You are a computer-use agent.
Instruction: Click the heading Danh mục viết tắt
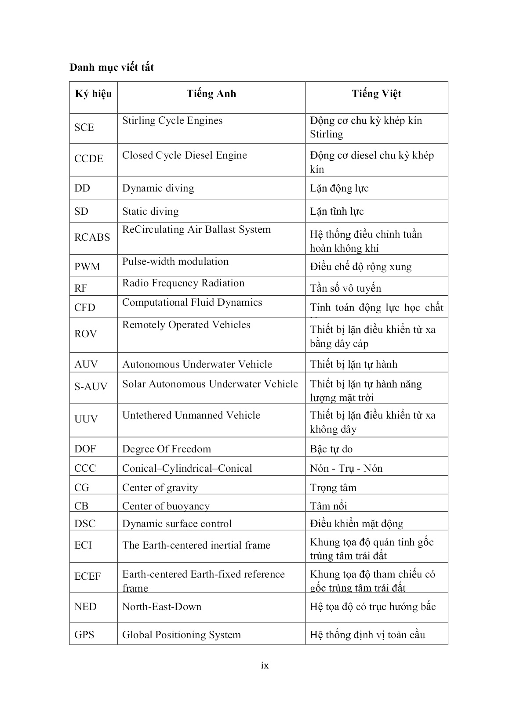(112, 68)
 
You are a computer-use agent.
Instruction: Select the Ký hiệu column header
(93, 94)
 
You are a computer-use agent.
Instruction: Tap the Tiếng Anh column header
(211, 94)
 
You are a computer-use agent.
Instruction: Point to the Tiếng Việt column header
(376, 94)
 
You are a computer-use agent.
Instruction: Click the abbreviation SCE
(84, 127)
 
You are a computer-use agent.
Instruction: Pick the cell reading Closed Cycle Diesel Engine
(185, 155)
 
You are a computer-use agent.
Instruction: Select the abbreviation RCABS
(92, 237)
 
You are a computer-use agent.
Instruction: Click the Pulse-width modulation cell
(175, 262)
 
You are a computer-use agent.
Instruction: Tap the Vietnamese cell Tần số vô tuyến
(345, 288)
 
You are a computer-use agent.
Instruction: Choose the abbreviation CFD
(85, 307)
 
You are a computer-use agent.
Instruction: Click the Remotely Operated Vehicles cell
(186, 325)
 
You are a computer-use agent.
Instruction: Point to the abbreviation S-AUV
(91, 387)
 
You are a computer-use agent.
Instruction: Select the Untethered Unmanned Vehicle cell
(191, 416)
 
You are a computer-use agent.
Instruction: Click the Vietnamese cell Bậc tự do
(331, 449)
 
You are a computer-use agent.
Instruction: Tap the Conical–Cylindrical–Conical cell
(187, 468)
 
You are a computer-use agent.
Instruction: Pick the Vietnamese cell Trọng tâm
(333, 488)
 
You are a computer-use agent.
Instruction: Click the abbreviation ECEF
(88, 576)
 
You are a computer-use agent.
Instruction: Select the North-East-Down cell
(162, 607)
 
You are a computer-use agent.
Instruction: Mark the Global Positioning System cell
(182, 635)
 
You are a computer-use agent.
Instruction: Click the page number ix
(265, 665)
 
